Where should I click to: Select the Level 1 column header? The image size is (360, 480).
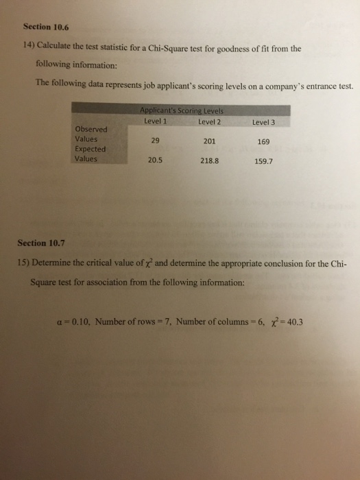tap(156, 122)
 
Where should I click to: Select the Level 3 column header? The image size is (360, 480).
tap(263, 123)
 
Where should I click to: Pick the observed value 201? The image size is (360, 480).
tap(211, 142)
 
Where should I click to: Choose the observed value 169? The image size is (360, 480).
tap(264, 143)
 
